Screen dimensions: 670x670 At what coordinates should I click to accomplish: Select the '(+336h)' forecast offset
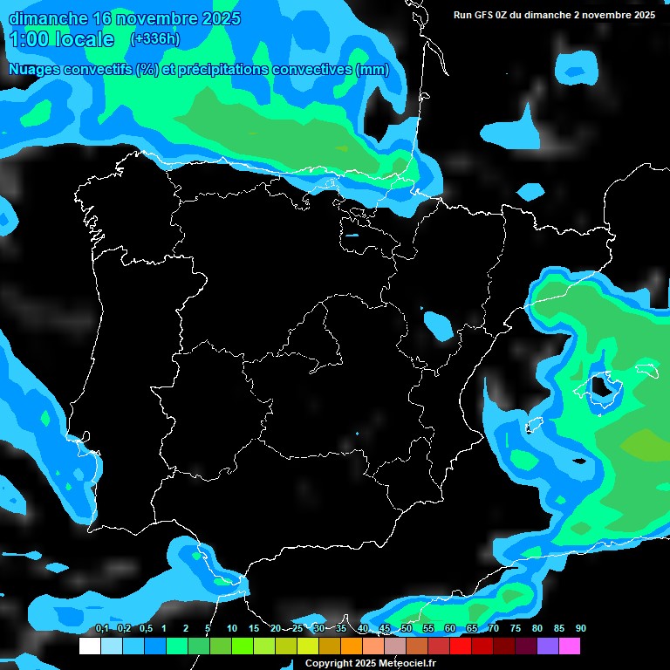click(154, 39)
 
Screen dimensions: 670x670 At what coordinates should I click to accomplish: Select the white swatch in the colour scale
click(89, 646)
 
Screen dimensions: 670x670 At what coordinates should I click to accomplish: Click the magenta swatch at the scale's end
click(570, 646)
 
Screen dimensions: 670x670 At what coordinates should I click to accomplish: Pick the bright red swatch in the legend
click(461, 646)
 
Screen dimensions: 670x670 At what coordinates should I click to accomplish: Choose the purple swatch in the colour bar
click(548, 646)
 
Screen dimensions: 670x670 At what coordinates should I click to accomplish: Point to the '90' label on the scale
click(580, 628)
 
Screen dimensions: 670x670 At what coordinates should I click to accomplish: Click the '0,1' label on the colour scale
click(101, 628)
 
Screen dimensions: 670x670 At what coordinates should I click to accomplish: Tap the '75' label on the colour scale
click(515, 628)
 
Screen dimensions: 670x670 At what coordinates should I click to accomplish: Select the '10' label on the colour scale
click(231, 628)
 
